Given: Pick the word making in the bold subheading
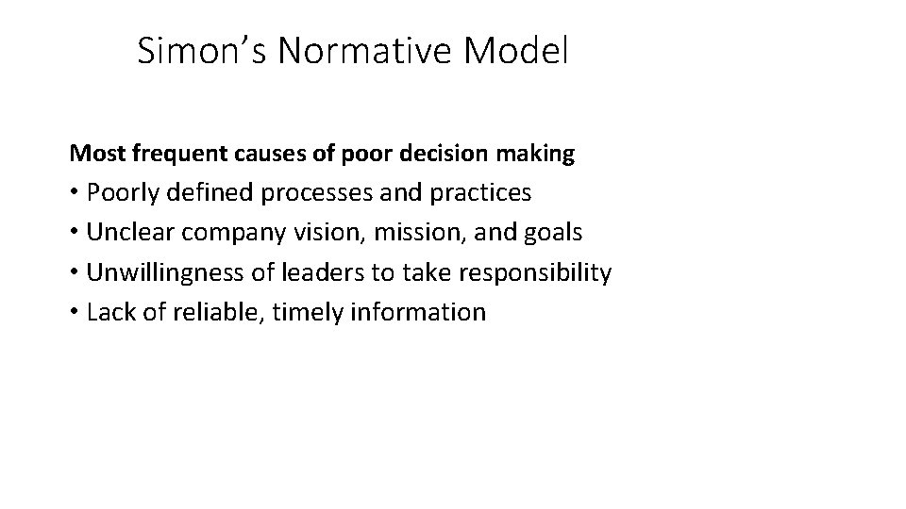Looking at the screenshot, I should tap(541, 154).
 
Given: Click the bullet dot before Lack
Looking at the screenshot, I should tap(75, 313).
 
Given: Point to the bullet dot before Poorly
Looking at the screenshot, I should tap(75, 194).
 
